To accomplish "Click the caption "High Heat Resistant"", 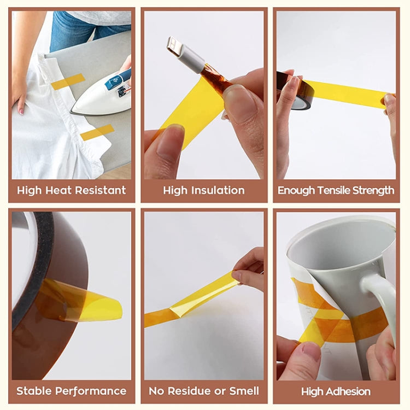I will [71, 190].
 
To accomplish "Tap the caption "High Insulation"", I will [204, 190].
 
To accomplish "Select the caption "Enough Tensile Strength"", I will [336, 190].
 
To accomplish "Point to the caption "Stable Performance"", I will [71, 391].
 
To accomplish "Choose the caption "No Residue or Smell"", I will [204, 391].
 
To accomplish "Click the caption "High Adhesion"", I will [336, 391].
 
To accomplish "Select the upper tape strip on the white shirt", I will [68, 81].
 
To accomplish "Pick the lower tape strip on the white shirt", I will [97, 132].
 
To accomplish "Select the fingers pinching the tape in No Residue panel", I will [249, 271].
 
